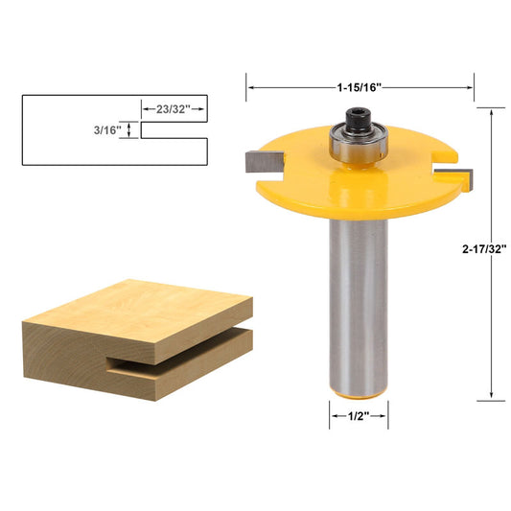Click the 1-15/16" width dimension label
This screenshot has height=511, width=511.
360,87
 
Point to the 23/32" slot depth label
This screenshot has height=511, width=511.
174,109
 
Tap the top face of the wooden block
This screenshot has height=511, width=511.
144,305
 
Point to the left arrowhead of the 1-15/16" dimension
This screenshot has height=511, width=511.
251,87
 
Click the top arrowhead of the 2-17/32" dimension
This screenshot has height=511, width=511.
492,111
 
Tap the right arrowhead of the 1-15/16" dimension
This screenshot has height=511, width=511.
470,87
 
